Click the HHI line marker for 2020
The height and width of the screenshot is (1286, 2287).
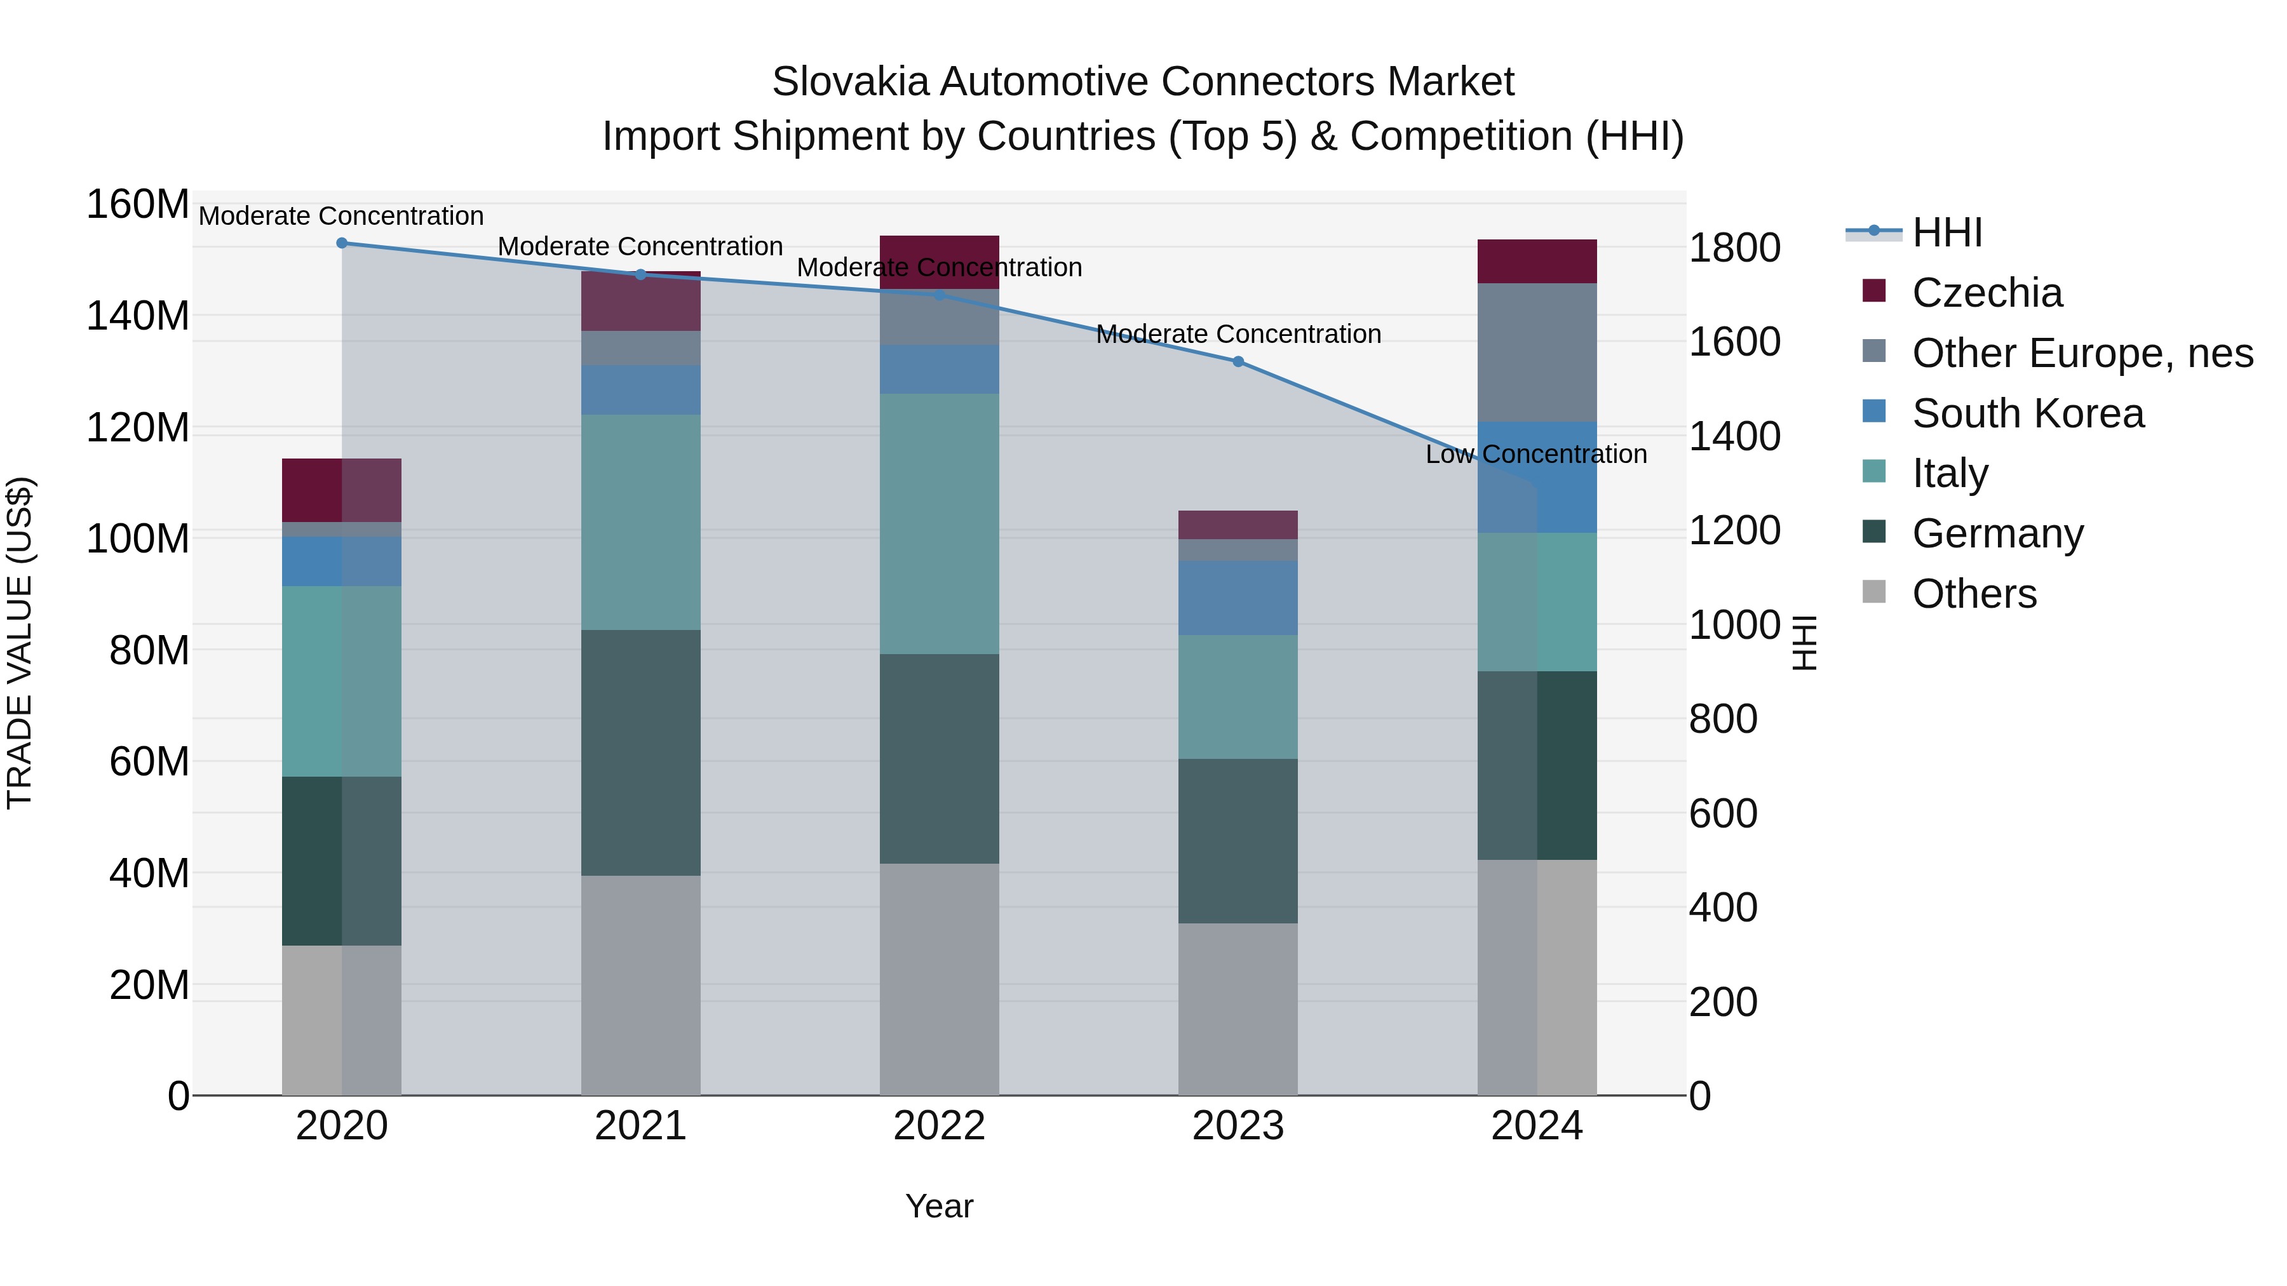click(x=342, y=243)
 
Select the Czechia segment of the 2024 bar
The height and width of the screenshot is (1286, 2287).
click(x=1537, y=262)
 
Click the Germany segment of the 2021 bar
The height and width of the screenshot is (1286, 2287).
click(x=640, y=753)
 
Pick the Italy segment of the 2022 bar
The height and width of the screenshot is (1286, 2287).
click(x=940, y=524)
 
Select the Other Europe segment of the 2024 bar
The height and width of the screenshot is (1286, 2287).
click(x=1537, y=352)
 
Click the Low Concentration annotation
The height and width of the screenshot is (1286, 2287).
click(x=1536, y=455)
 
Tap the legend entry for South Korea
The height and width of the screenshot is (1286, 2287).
click(x=2027, y=413)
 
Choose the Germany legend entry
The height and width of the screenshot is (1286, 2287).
click(x=1997, y=533)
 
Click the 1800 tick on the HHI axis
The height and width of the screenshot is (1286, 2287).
click(x=1734, y=248)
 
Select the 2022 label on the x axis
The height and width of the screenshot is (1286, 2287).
click(x=940, y=1126)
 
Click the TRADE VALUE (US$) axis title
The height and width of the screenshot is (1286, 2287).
click(x=20, y=643)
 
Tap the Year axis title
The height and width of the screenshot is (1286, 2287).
click(x=940, y=1206)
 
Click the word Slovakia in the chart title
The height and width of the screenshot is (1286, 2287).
click(x=849, y=82)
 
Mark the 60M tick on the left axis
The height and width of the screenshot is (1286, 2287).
click(x=149, y=761)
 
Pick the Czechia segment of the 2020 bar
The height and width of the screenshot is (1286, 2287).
click(x=342, y=490)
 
